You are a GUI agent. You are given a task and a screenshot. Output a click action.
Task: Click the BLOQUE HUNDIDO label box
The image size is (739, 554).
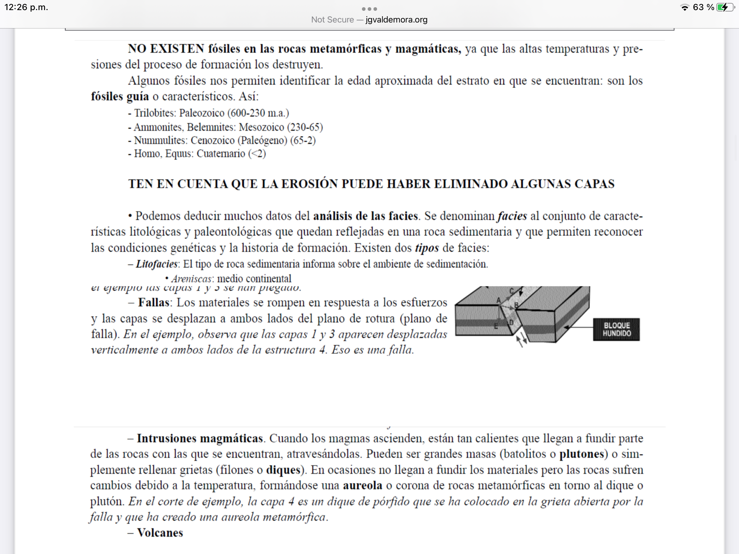(x=616, y=329)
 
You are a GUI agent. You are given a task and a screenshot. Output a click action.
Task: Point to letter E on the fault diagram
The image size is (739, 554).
(x=496, y=326)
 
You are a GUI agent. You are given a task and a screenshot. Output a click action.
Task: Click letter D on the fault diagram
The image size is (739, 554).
(x=511, y=322)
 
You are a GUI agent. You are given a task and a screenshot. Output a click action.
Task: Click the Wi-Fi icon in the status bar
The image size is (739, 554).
(x=685, y=8)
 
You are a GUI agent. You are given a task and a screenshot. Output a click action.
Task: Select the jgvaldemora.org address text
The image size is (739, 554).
(x=396, y=20)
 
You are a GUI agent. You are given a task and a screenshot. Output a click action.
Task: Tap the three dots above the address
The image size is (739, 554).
(x=369, y=9)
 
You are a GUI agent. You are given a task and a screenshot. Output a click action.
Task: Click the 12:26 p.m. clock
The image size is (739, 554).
(x=26, y=7)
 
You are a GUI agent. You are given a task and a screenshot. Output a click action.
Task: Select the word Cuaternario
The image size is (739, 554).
(x=221, y=154)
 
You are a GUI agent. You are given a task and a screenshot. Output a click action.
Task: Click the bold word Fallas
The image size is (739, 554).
(x=154, y=302)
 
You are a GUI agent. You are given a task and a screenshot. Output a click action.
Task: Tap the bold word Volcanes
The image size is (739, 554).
(x=160, y=533)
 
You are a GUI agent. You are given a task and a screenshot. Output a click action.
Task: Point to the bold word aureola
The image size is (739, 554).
(x=362, y=485)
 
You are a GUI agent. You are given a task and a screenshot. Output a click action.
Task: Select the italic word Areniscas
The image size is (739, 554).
(x=191, y=279)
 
